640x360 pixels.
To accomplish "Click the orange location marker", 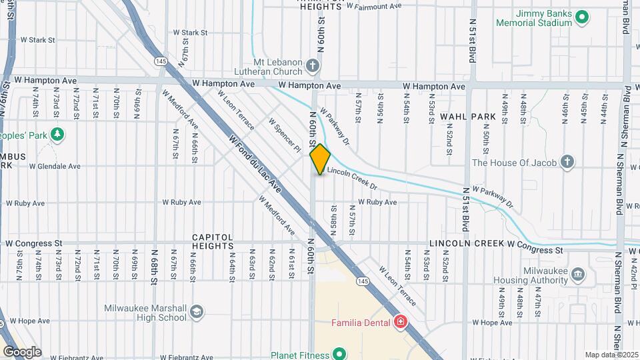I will [320, 159].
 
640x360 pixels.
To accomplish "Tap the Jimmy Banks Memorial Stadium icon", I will [581, 16].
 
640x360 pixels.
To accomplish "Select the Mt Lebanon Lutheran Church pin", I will [313, 65].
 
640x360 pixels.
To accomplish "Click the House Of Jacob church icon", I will [567, 162].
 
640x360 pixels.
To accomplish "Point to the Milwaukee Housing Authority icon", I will [578, 273].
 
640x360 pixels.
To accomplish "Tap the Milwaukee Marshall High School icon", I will [197, 311].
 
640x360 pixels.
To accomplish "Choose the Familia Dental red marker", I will [401, 323].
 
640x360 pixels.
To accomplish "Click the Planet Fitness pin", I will [339, 353].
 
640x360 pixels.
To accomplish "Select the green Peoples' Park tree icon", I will [58, 134].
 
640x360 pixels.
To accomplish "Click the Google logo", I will [21, 351].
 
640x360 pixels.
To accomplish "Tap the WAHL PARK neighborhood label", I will [467, 117].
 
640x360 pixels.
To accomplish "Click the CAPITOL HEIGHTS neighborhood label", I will [213, 241].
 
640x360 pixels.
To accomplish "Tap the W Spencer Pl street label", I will [285, 135].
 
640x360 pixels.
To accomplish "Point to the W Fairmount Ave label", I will [374, 6].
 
